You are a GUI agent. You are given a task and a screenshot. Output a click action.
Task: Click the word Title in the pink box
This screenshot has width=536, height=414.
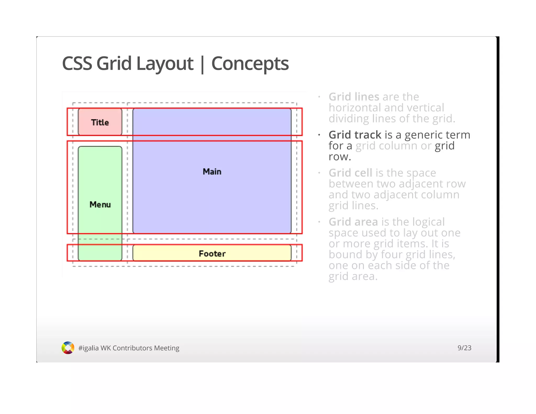pos(100,122)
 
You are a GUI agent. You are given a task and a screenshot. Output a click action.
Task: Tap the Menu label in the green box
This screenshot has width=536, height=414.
pos(100,204)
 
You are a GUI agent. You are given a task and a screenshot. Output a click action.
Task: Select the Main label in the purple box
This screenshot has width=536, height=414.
pos(212,172)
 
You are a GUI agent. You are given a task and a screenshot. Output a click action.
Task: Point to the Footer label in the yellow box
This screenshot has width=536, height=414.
pos(212,254)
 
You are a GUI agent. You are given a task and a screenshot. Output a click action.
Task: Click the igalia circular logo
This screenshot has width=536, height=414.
pos(68,348)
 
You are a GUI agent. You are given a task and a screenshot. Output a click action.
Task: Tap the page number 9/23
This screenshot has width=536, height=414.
pos(464,348)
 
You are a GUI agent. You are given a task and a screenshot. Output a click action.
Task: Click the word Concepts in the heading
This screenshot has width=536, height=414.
pos(250,64)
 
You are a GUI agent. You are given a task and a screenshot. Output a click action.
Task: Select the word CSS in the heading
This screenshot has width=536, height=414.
pos(77,64)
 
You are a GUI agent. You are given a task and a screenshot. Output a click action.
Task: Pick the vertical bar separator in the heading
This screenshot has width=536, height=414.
pos(202,64)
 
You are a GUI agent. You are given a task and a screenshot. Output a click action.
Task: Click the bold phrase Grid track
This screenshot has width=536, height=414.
pos(355,135)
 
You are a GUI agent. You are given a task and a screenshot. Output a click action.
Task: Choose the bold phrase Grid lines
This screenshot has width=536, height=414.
pos(354,97)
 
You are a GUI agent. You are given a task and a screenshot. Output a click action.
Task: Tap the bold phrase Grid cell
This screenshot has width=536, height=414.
pos(350,173)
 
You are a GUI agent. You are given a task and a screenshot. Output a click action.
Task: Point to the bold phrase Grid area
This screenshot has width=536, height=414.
pos(353,222)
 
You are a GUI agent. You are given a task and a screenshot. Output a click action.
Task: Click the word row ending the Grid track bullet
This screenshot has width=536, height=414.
pos(339,157)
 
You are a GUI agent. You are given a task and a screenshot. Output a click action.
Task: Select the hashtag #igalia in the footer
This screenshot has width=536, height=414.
pos(88,348)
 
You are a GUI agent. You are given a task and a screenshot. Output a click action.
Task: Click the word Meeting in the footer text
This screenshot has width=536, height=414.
pos(166,348)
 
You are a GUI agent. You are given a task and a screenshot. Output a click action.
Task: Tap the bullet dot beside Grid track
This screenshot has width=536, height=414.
pos(319,135)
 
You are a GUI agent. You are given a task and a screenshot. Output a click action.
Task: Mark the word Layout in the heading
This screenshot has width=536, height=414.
pos(165,64)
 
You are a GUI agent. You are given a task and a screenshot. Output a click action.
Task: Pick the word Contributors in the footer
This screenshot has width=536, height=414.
pos(132,348)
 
